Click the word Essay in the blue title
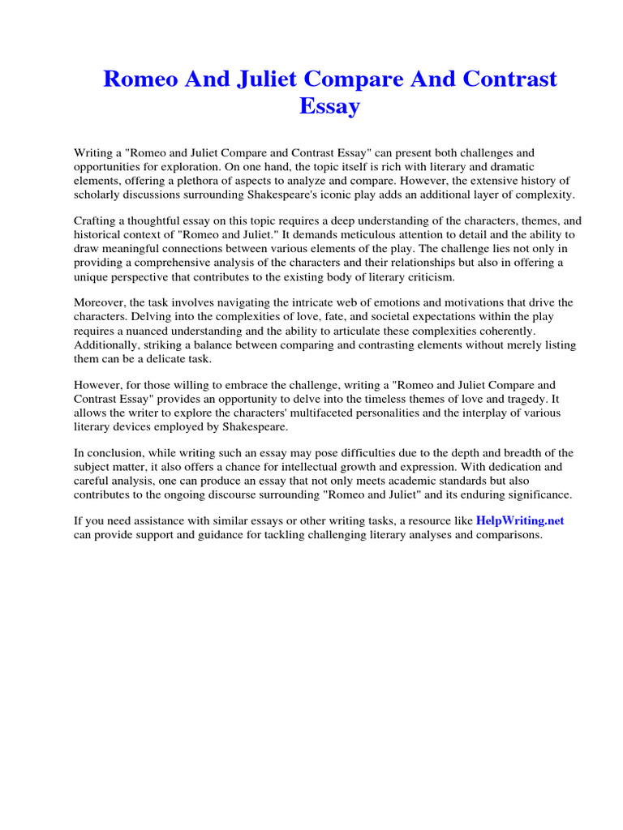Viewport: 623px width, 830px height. [x=329, y=106]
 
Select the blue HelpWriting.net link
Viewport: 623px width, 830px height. [x=520, y=521]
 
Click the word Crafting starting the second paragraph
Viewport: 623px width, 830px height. [x=97, y=220]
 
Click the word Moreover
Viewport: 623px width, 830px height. [x=101, y=302]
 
